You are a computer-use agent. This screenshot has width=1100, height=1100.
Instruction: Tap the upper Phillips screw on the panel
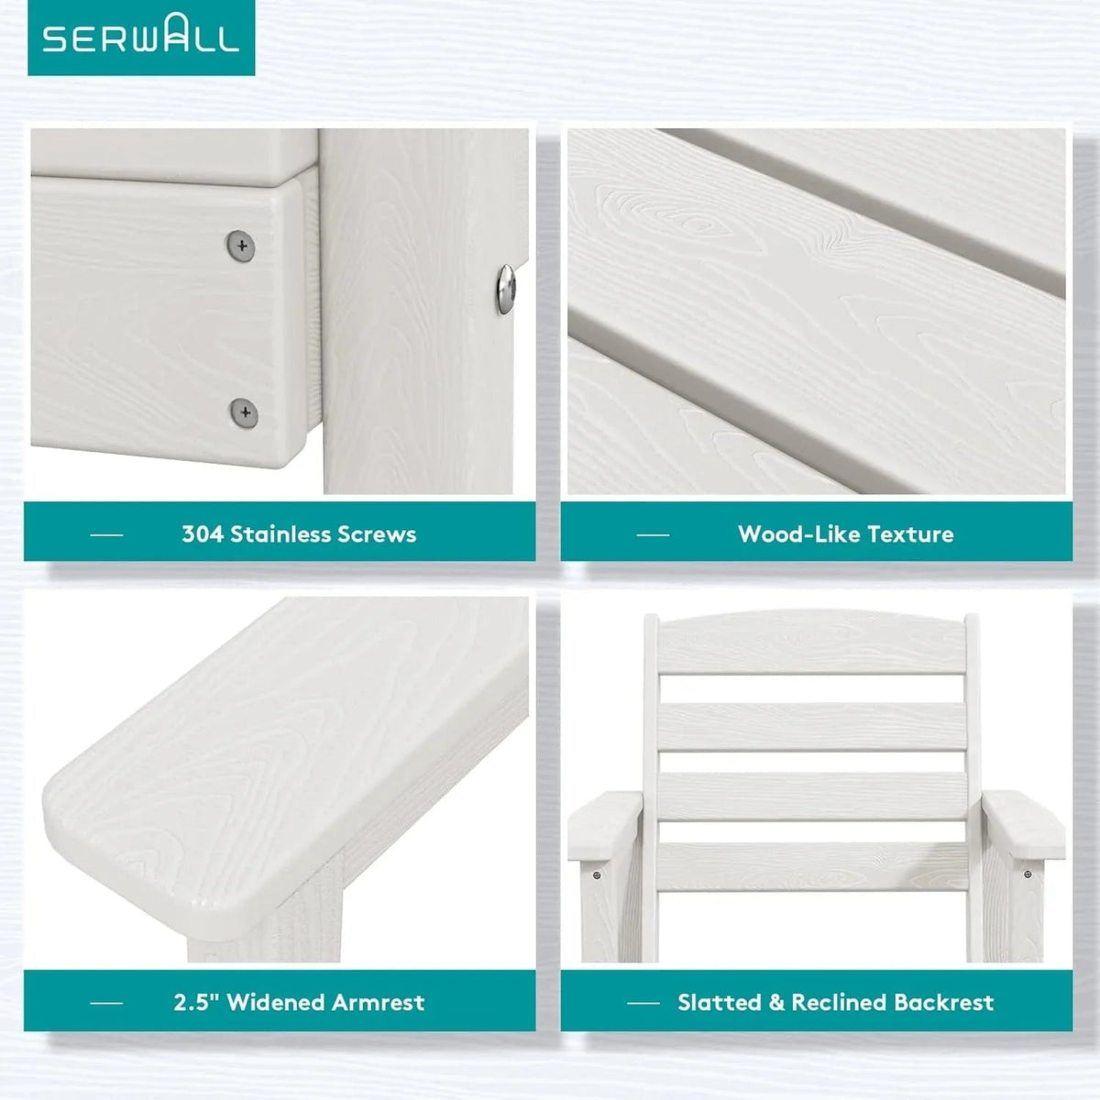[x=241, y=246]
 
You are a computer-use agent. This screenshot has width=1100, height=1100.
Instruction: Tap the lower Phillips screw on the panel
[x=245, y=412]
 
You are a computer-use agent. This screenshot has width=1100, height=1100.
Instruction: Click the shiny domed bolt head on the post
[x=506, y=289]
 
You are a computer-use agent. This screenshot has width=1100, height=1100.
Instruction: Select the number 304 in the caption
[x=203, y=534]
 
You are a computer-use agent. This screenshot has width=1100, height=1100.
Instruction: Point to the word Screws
[x=377, y=534]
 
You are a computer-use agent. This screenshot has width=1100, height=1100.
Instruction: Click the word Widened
[x=276, y=1002]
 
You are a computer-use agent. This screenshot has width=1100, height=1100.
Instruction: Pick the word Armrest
[x=379, y=1002]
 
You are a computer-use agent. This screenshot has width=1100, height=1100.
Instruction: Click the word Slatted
[x=720, y=1002]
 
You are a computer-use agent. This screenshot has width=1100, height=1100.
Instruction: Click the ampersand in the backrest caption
[x=776, y=1002]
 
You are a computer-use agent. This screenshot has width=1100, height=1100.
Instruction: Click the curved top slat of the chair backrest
[x=812, y=641]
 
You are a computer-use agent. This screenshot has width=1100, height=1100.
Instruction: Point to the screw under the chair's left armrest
[x=597, y=874]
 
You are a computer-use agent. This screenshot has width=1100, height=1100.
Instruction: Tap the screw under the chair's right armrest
[x=1028, y=874]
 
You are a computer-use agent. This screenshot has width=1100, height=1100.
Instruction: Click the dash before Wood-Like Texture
[x=653, y=534]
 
